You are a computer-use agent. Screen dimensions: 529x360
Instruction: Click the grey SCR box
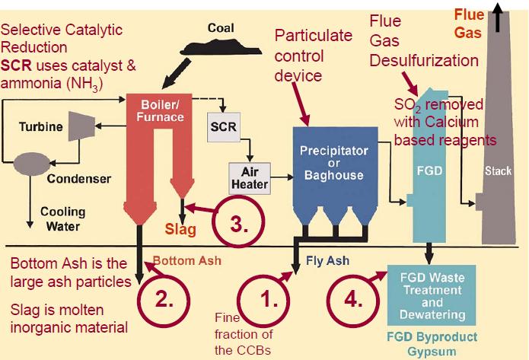point(223,127)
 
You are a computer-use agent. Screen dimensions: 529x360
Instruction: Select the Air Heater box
point(250,179)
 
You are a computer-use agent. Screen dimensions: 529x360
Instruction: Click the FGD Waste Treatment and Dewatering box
point(432,295)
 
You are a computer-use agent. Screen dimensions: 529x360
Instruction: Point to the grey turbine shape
point(81,126)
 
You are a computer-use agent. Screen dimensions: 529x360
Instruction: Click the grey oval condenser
point(32,164)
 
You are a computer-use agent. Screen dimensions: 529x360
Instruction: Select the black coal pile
point(221,48)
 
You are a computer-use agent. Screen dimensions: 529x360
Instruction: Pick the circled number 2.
point(164,301)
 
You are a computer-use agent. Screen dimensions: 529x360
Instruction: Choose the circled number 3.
point(238,222)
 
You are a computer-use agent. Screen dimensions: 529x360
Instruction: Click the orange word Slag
point(180,230)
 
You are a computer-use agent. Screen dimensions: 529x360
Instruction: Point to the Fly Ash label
point(327,260)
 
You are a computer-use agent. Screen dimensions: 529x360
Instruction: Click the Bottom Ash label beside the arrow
point(187,260)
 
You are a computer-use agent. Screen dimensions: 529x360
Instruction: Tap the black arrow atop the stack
point(497,17)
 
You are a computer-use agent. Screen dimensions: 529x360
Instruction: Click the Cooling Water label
point(62,219)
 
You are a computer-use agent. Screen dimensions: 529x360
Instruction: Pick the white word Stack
point(498,171)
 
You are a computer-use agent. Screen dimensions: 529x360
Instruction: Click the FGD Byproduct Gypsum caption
point(432,344)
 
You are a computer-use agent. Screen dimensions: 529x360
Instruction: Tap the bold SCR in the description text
point(16,65)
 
